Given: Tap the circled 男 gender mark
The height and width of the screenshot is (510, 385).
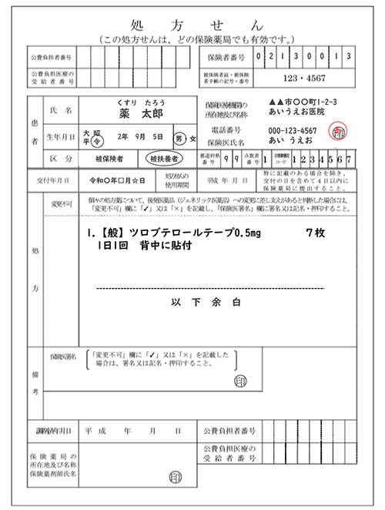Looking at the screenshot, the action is (x=179, y=139).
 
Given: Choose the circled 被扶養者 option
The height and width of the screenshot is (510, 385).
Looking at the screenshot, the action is (x=165, y=159).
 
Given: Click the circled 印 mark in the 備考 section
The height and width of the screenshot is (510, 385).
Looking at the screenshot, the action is (x=240, y=381).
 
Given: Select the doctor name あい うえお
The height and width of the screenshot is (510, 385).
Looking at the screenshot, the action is (x=290, y=143).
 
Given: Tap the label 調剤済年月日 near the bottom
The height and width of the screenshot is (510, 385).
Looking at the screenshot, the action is (x=45, y=431).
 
